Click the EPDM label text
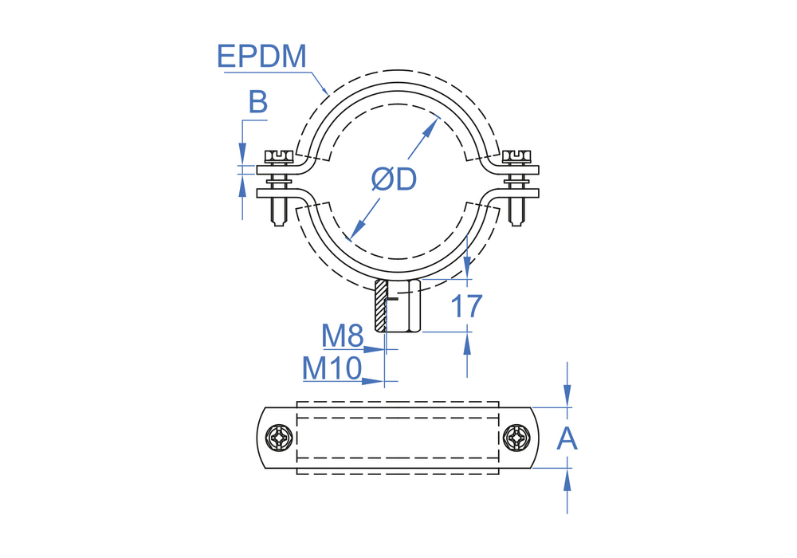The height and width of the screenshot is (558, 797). pos(261,56)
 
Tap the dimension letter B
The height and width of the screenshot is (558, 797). pos(257,102)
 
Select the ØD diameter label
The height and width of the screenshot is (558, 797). pos(394,179)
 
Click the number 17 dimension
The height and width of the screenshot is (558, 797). pos(466,306)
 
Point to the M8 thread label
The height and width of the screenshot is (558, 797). pos(343,336)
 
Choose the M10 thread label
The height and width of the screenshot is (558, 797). pos(332,368)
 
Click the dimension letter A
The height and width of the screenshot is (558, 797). pos(567,438)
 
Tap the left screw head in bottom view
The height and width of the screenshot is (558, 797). pos(279,438)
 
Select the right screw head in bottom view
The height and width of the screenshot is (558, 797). pos(516,438)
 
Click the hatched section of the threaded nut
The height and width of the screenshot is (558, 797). pos(380,305)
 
